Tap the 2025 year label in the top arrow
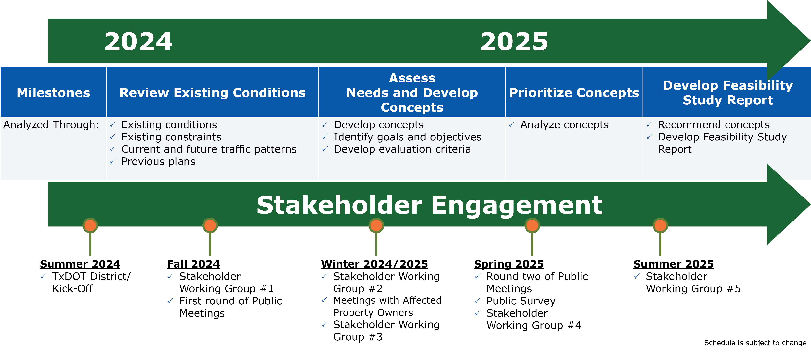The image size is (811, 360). tap(514, 42)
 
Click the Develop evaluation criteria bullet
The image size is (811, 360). tap(402, 149)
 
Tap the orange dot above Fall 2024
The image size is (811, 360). tap(210, 225)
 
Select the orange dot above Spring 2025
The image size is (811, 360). tap(532, 225)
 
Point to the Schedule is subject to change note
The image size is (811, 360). tap(755, 343)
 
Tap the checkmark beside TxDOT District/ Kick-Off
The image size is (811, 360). tap(43, 277)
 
